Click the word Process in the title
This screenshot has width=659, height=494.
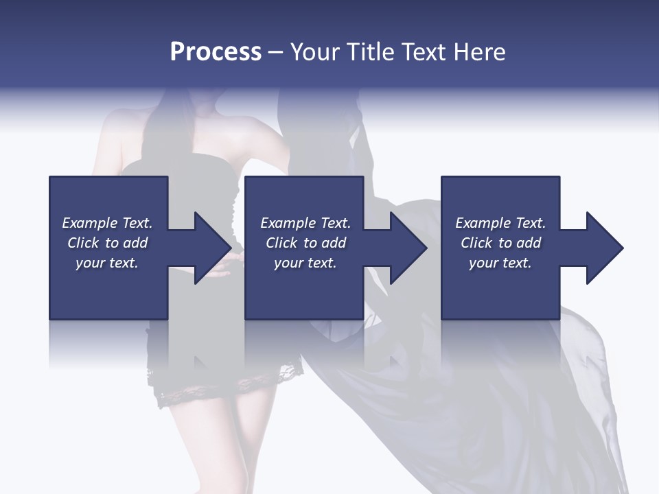pos(216,52)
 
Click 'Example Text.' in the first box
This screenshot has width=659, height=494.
pos(107,223)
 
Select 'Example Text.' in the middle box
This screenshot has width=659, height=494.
pos(305,223)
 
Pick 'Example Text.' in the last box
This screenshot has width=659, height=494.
pos(500,223)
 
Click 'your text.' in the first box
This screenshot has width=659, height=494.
pos(107,263)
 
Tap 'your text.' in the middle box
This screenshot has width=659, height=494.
pos(305,263)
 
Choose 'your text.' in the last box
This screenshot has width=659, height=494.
pos(500,263)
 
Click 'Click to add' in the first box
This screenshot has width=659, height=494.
pos(107,243)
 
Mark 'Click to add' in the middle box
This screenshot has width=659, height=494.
pos(305,243)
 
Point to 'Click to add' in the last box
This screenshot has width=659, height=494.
pos(500,243)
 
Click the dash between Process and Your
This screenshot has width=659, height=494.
pos(276,53)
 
